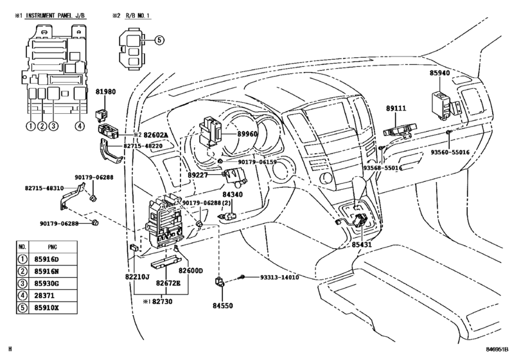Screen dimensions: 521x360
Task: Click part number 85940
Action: pos(439,73)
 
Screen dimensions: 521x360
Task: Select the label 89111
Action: pos(396,109)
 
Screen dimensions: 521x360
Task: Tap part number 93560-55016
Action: pos(450,152)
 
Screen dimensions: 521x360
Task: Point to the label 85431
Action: pos(362,245)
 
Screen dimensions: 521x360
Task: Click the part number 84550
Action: pos(223,305)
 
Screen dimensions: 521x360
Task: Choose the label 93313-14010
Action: pos(279,277)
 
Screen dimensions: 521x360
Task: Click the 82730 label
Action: pos(163,301)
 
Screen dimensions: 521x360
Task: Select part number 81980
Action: pos(105,92)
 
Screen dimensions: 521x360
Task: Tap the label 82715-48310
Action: pos(44,188)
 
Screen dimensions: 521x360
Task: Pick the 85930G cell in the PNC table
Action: pos(46,283)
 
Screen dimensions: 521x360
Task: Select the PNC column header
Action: pos(53,247)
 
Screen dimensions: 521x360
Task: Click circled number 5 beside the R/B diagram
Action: pos(159,40)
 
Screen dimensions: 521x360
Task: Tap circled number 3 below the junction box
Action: pos(53,126)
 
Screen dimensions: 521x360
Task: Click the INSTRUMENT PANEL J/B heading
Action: pos(55,15)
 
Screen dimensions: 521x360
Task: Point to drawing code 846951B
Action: pos(497,349)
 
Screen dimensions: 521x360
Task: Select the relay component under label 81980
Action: pos(101,115)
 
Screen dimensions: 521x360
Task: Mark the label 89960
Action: pos(247,134)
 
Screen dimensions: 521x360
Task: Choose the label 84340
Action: pos(233,194)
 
